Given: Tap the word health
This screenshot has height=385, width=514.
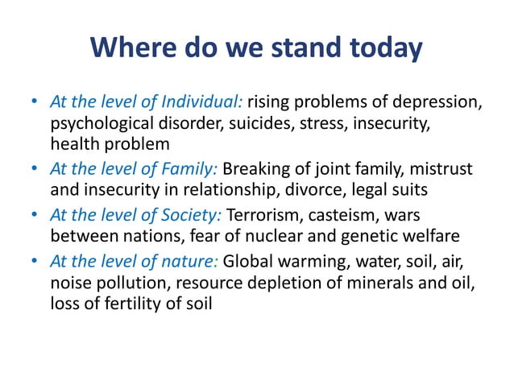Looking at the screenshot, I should pos(75,145).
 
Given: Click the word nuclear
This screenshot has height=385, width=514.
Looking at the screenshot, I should pos(278,237).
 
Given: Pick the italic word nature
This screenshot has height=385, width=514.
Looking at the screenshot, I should pos(193,262).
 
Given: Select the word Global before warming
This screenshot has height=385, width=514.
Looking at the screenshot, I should pos(248,262).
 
